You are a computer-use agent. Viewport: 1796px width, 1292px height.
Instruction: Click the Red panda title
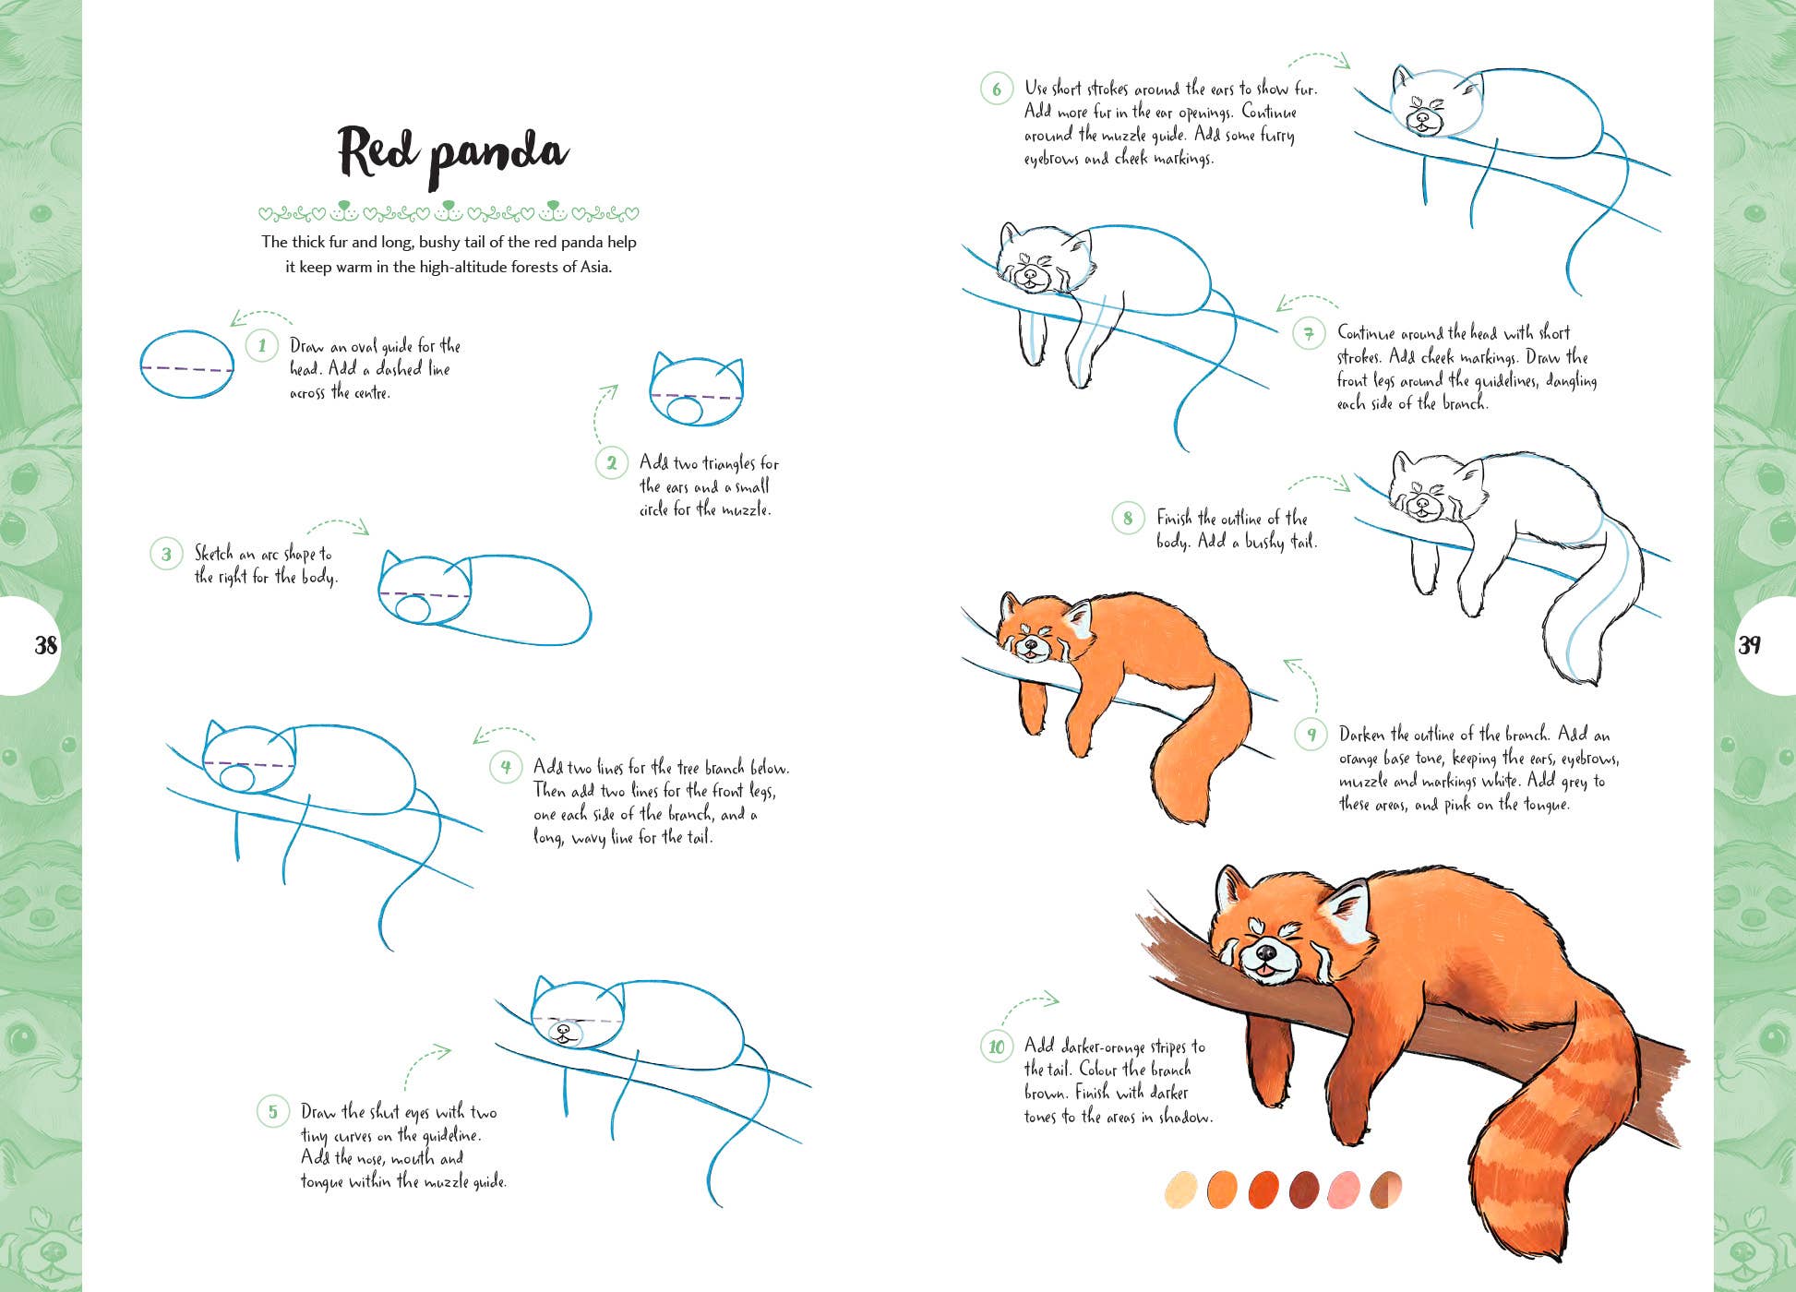coord(452,154)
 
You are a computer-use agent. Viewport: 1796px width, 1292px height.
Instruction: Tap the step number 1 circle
coord(262,346)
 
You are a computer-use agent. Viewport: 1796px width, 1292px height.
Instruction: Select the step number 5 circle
coord(273,1111)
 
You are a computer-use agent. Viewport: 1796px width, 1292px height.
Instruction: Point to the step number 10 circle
coord(997,1047)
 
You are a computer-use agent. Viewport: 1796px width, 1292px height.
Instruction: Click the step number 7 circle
coord(1309,333)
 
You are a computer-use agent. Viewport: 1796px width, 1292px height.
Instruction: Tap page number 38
coord(45,645)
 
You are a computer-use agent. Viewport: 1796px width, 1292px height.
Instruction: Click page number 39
coord(1749,645)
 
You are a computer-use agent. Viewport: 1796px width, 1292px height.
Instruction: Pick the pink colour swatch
coord(1343,1190)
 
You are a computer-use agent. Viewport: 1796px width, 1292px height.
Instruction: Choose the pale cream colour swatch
coord(1181,1190)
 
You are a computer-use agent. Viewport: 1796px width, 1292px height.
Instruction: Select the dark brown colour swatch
coord(1304,1190)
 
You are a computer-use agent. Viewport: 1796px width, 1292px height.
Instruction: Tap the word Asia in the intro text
coord(594,267)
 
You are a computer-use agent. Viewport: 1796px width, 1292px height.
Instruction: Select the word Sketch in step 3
coord(214,554)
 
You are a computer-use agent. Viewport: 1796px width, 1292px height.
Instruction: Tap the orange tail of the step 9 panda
coord(1200,748)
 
